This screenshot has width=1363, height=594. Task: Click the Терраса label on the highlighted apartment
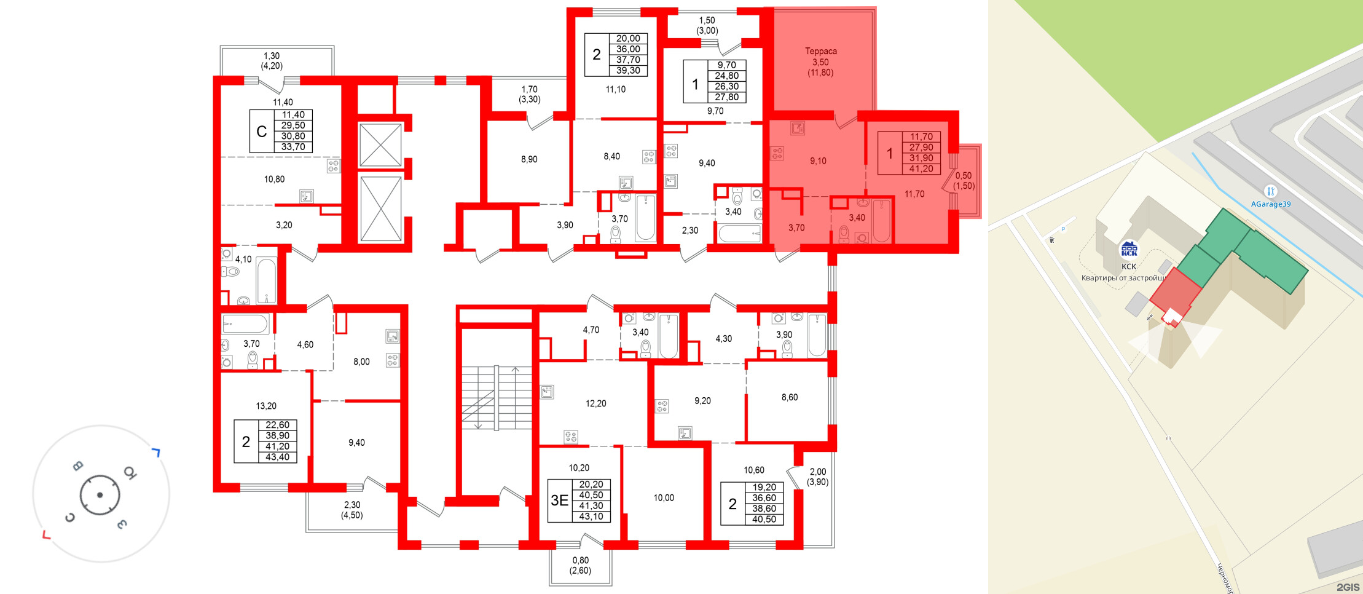pyautogui.click(x=820, y=51)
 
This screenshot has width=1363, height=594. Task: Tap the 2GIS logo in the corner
pyautogui.click(x=1348, y=587)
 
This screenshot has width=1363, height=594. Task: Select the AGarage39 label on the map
pyautogui.click(x=1271, y=204)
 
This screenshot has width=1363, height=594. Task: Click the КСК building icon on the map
pyautogui.click(x=1129, y=249)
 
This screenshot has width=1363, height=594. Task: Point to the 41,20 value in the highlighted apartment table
pyautogui.click(x=921, y=168)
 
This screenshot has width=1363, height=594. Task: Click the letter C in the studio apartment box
pyautogui.click(x=262, y=132)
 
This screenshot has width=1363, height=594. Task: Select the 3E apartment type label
pyautogui.click(x=559, y=501)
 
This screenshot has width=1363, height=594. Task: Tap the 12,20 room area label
pyautogui.click(x=595, y=403)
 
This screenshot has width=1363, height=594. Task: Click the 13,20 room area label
pyautogui.click(x=266, y=406)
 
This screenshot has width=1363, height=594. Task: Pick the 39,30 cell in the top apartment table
pyautogui.click(x=628, y=71)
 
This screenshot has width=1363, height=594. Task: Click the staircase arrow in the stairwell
pyautogui.click(x=515, y=370)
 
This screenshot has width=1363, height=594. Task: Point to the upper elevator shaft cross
pyautogui.click(x=380, y=145)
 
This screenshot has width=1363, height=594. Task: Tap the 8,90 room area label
pyautogui.click(x=529, y=159)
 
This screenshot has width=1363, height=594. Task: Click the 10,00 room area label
pyautogui.click(x=664, y=497)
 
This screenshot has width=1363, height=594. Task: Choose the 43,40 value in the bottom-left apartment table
pyautogui.click(x=277, y=457)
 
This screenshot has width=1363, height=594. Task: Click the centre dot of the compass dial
pyautogui.click(x=100, y=494)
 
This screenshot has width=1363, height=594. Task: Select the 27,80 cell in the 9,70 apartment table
pyautogui.click(x=726, y=97)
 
